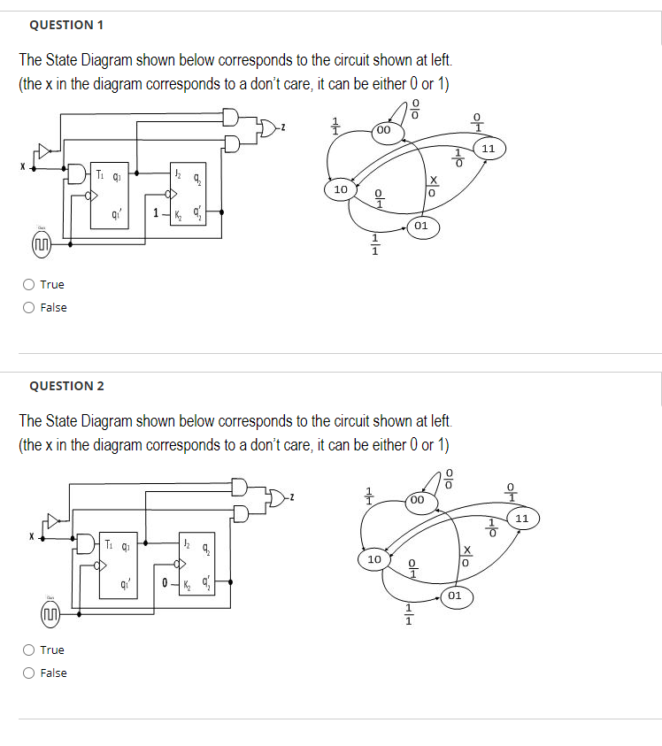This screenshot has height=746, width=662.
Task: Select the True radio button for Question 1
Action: tap(29, 284)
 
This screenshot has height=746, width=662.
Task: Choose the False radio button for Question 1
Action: tap(29, 307)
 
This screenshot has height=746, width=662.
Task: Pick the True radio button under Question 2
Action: tap(29, 650)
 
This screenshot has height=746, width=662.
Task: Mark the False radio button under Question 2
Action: tap(29, 673)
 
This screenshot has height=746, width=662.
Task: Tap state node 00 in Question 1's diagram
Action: tap(384, 130)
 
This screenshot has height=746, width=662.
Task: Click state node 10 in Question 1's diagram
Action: tap(340, 188)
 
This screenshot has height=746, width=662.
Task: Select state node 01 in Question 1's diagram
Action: tap(421, 226)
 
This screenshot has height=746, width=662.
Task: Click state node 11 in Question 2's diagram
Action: tap(521, 517)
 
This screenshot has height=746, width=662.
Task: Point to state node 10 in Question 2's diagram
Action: tap(373, 559)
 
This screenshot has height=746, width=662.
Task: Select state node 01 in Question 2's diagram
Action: tap(454, 596)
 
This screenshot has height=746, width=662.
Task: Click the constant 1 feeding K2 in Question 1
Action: tap(156, 212)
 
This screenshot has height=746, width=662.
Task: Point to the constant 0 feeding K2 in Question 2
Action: tap(166, 582)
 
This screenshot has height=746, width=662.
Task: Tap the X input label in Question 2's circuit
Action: tap(29, 535)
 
